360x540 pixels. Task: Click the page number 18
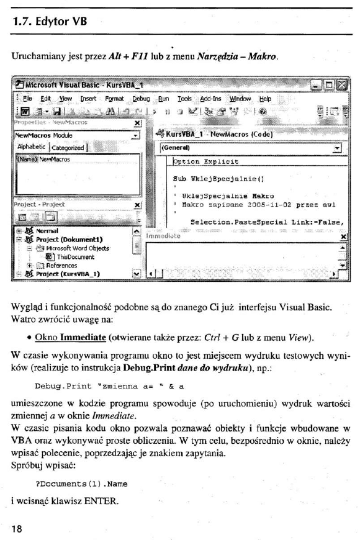tap(17, 528)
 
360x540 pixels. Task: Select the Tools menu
tap(184, 98)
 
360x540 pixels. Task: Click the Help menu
tap(265, 98)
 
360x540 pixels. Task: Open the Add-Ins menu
tap(211, 98)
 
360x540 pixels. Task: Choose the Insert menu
tap(88, 98)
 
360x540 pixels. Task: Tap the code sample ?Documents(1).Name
tap(81, 483)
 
